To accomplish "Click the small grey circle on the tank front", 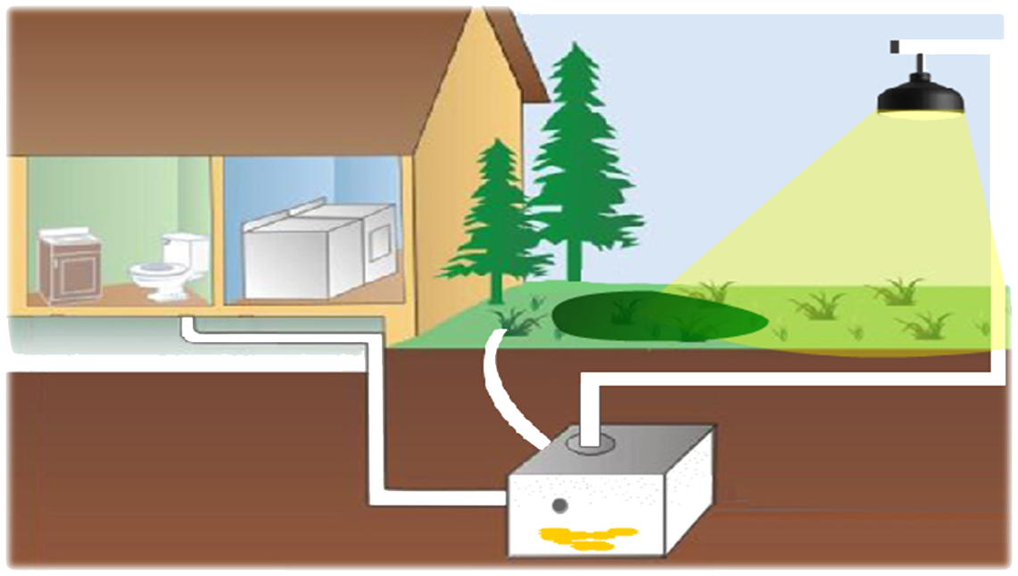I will tap(559, 506).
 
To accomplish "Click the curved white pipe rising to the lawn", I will tap(495, 384).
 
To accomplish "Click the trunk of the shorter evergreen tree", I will tap(496, 286).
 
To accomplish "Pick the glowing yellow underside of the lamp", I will tap(921, 113).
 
